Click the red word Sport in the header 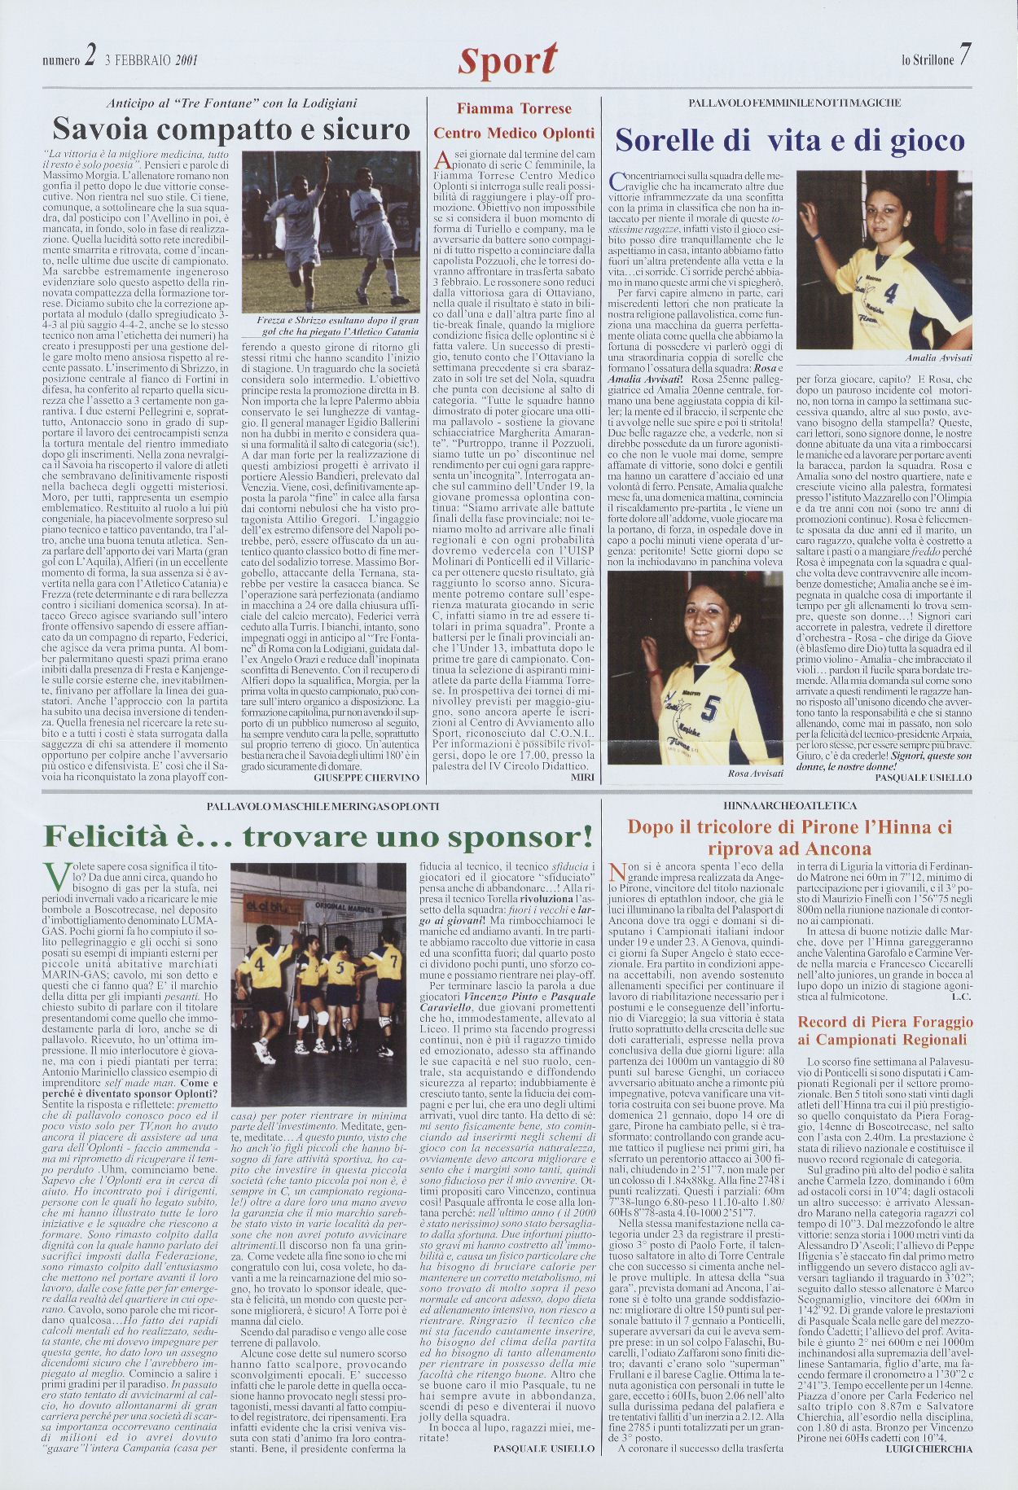point(507,61)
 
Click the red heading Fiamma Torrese point(514,108)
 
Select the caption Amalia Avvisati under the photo point(938,357)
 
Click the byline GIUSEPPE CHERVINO point(366,778)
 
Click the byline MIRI point(583,778)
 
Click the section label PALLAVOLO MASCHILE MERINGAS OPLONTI point(323,806)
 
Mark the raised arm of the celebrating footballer point(325,172)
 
